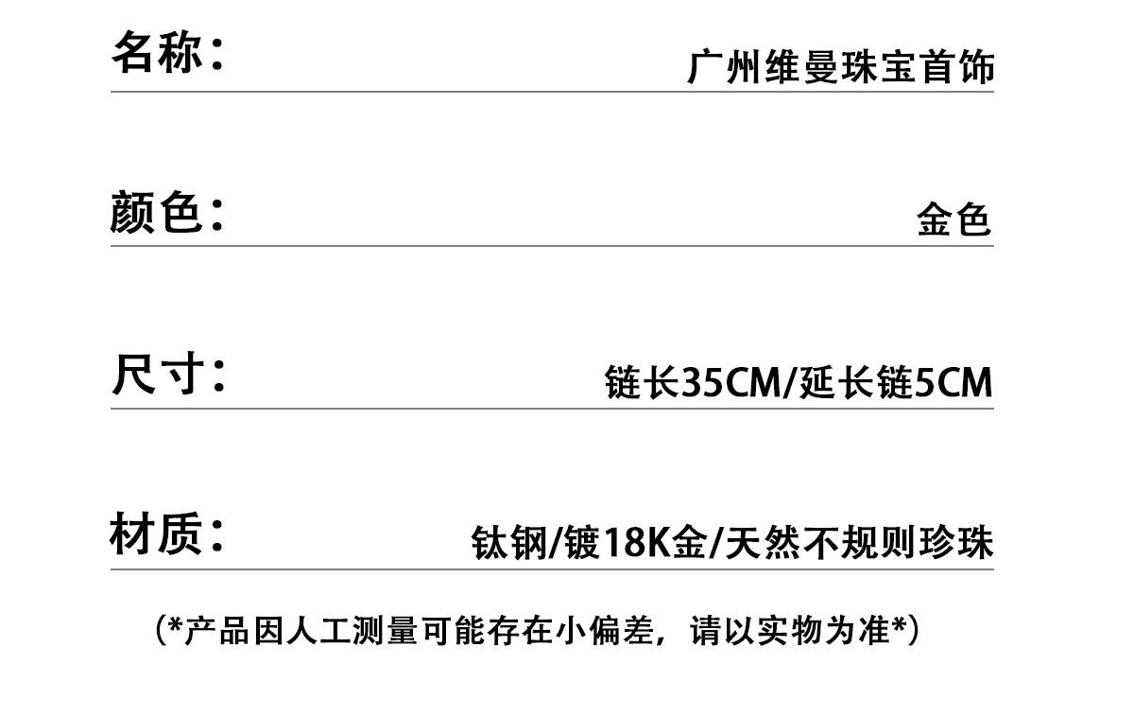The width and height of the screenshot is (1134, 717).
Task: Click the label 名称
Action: point(157,52)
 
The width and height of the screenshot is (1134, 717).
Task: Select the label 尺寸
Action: point(158,374)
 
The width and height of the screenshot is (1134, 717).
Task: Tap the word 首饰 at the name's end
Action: point(957,67)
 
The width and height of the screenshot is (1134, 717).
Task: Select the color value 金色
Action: point(954,219)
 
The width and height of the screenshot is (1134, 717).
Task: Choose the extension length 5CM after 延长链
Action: point(954,382)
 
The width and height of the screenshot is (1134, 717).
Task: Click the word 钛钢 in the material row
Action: point(508,543)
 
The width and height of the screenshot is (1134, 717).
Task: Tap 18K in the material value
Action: point(638,543)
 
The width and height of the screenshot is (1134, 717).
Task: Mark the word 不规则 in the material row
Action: point(860,543)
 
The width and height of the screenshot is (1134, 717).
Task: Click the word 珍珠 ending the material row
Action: point(956,543)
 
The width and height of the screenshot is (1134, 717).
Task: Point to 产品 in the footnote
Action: point(216,631)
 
